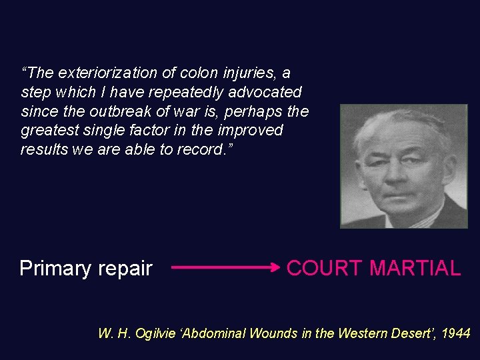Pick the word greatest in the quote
[48, 130]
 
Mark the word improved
[253, 130]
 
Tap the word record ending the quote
[201, 149]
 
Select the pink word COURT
[325, 269]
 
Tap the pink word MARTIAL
[415, 269]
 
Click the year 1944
[456, 333]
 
